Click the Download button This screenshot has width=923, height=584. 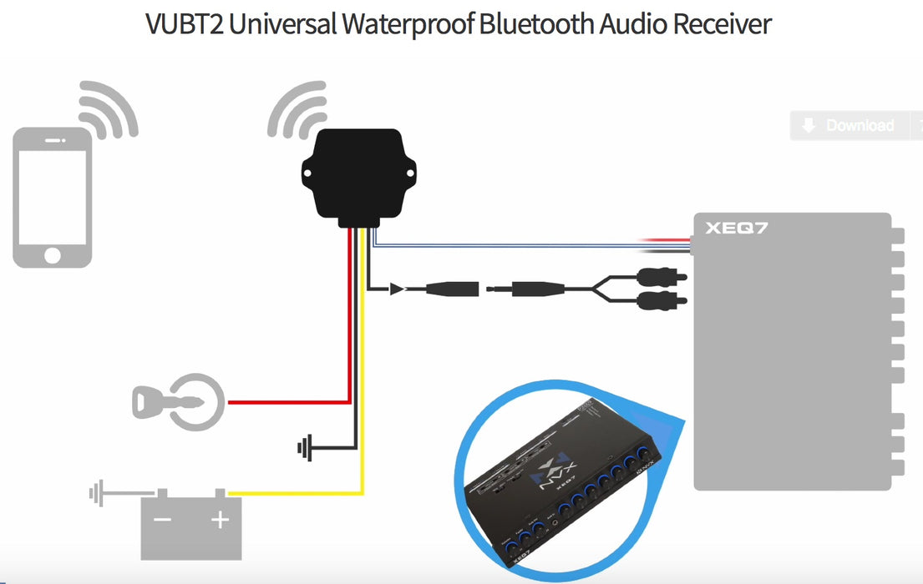848,125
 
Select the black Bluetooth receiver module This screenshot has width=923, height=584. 360,175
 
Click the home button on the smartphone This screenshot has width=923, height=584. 52,254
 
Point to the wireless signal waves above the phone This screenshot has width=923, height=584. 108,110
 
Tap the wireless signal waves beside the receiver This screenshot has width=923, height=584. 297,110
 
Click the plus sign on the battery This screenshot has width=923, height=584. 220,521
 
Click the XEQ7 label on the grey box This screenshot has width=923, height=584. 736,227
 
